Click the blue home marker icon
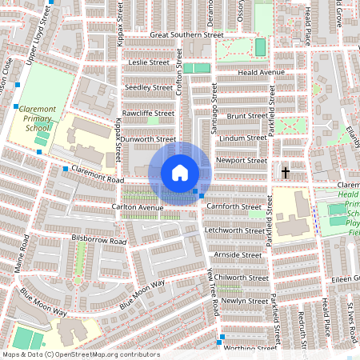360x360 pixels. tap(180, 173)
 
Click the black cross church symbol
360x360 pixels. tap(286, 172)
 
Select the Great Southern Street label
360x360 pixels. tap(186, 35)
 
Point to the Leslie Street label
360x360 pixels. tap(150, 62)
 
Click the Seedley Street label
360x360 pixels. tap(148, 87)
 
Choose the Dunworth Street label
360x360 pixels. tap(147, 138)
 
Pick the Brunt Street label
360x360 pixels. tap(246, 116)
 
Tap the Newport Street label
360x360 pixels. tap(242, 160)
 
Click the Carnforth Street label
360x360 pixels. tap(234, 206)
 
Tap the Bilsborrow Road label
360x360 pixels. tap(99, 240)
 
